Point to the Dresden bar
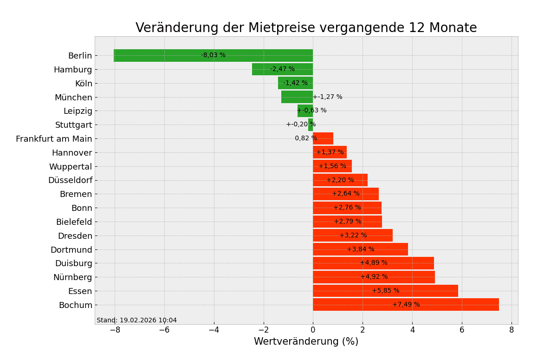[330, 236]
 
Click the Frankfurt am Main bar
[325, 138]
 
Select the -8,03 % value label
[213, 55]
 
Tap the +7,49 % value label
[406, 305]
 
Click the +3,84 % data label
[360, 249]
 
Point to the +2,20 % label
[340, 180]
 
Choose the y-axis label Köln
[84, 84]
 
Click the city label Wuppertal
[71, 167]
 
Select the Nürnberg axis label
[72, 277]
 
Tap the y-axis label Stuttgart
[74, 125]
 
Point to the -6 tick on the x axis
[164, 330]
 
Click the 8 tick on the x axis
[512, 330]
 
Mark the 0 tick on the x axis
[313, 330]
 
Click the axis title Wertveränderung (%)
[306, 342]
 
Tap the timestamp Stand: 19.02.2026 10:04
[136, 321]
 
